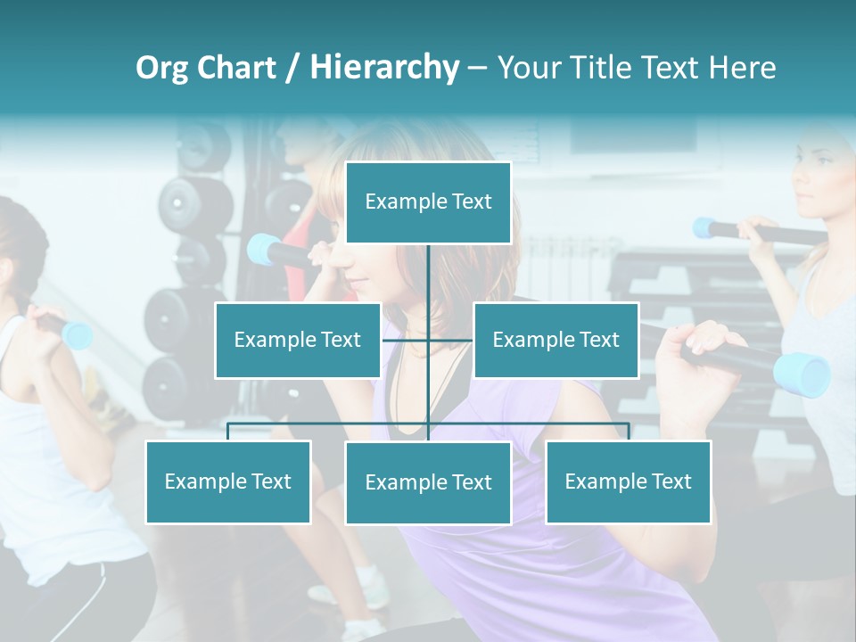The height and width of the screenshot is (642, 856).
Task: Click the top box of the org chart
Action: point(428,202)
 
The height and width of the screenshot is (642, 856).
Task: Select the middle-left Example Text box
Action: point(298,340)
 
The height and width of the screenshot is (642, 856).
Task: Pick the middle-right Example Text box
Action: point(556,340)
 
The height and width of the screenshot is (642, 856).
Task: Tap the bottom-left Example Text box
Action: point(228,481)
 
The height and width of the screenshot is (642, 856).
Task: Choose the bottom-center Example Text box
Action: point(428,482)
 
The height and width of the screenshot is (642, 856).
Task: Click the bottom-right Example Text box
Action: point(628,481)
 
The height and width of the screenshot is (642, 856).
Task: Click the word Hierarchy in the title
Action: point(384,68)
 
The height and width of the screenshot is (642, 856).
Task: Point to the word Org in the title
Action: point(162,68)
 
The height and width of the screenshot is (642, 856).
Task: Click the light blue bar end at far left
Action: point(78,335)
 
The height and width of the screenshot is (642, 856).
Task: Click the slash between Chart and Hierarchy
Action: point(292,68)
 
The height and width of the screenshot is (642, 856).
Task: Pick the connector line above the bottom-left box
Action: point(228,431)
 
